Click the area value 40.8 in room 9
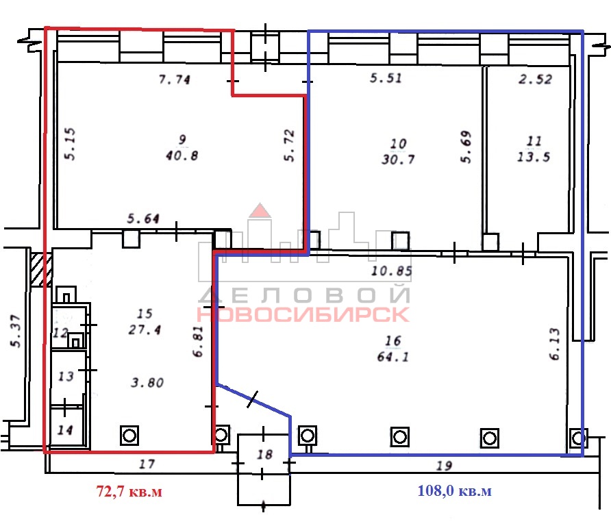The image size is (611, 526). pyautogui.click(x=182, y=156)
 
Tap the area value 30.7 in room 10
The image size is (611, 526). pyautogui.click(x=398, y=160)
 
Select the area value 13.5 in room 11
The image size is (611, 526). pyautogui.click(x=534, y=157)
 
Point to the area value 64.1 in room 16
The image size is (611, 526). pyautogui.click(x=393, y=357)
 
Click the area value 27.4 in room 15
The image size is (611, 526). pyautogui.click(x=145, y=330)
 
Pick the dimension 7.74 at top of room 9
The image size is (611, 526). pyautogui.click(x=175, y=79)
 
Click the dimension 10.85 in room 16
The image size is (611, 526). pyautogui.click(x=392, y=271)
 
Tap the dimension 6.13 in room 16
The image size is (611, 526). pyautogui.click(x=555, y=344)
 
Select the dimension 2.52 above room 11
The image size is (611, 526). pyautogui.click(x=536, y=79)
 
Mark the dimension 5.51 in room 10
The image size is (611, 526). pyautogui.click(x=386, y=78)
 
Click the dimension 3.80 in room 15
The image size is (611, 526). pyautogui.click(x=147, y=383)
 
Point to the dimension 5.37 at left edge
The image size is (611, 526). pyautogui.click(x=15, y=331)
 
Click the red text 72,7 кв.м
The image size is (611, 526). pyautogui.click(x=129, y=491)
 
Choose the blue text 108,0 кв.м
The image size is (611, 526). pyautogui.click(x=454, y=490)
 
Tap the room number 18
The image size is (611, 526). pyautogui.click(x=264, y=454)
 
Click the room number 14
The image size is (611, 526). pyautogui.click(x=65, y=430)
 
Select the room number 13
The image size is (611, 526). pyautogui.click(x=66, y=377)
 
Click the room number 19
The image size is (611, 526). pyautogui.click(x=444, y=466)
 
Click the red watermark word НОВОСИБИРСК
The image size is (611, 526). pyautogui.click(x=302, y=315)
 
